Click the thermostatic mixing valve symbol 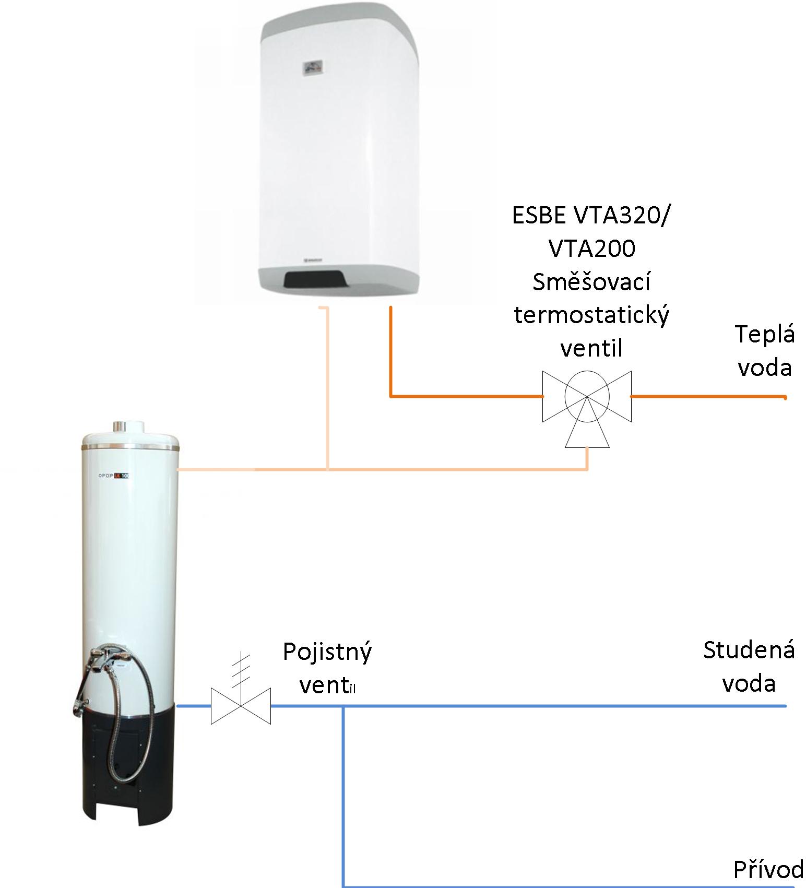click(x=587, y=397)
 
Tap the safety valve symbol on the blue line click(x=241, y=705)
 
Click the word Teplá click(x=765, y=335)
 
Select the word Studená click(x=749, y=650)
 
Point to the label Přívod click(x=768, y=870)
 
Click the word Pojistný click(x=327, y=653)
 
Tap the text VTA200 click(x=592, y=248)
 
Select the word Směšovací click(x=591, y=282)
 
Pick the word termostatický click(x=591, y=315)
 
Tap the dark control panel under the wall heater click(x=315, y=279)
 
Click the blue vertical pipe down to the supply click(x=343, y=794)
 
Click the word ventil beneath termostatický click(x=591, y=348)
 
